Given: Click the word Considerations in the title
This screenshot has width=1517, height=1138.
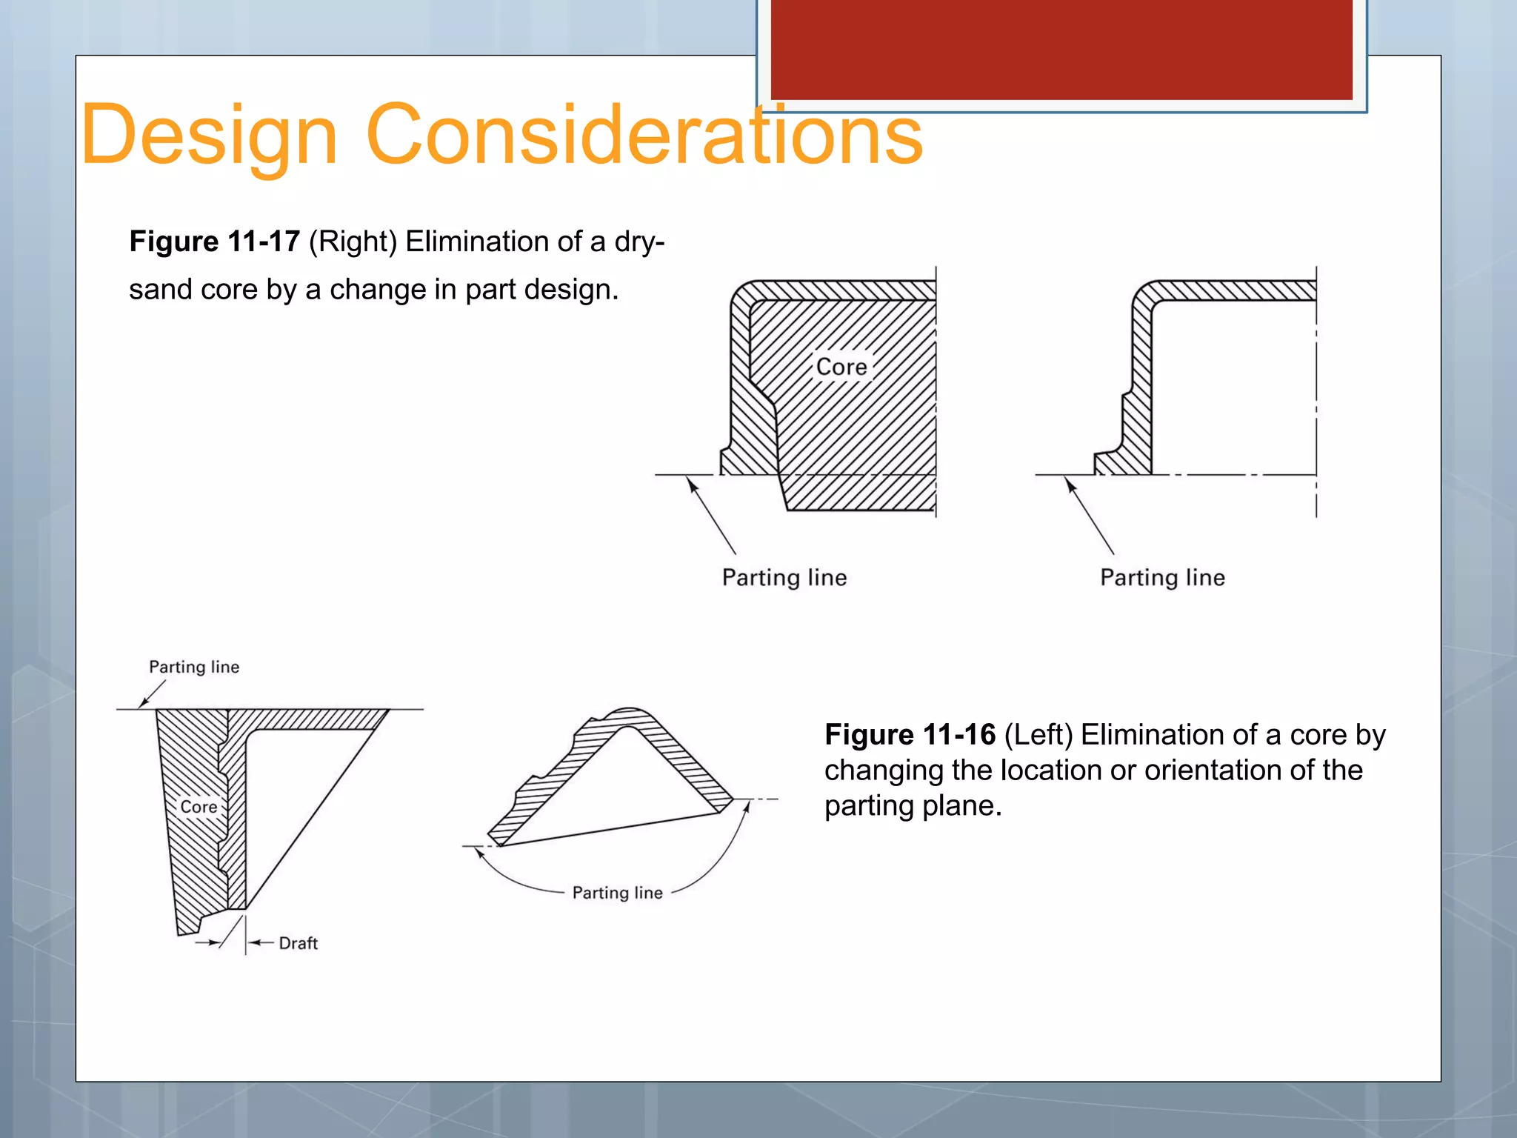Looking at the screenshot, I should pyautogui.click(x=644, y=136).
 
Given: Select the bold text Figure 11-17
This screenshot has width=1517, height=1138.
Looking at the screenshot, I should pyautogui.click(x=214, y=242).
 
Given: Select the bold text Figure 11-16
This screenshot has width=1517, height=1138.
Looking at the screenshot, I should pyautogui.click(x=910, y=735).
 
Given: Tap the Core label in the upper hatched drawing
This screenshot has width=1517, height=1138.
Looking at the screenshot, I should pyautogui.click(x=841, y=367).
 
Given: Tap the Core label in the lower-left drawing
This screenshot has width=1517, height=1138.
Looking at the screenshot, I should pyautogui.click(x=199, y=807).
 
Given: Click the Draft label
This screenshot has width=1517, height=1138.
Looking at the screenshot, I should pyautogui.click(x=298, y=943).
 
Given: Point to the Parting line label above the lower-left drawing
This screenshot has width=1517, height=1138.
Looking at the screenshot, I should pyautogui.click(x=194, y=667).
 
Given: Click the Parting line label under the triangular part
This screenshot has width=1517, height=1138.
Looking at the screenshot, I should pyautogui.click(x=617, y=893).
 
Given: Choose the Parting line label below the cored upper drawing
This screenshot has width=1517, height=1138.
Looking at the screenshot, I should pyautogui.click(x=784, y=578).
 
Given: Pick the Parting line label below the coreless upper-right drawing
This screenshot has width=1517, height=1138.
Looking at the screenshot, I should pyautogui.click(x=1162, y=578).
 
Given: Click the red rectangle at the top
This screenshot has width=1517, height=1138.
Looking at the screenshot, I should pyautogui.click(x=1061, y=49).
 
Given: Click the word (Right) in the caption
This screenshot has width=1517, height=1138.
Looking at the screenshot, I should pyautogui.click(x=353, y=242).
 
